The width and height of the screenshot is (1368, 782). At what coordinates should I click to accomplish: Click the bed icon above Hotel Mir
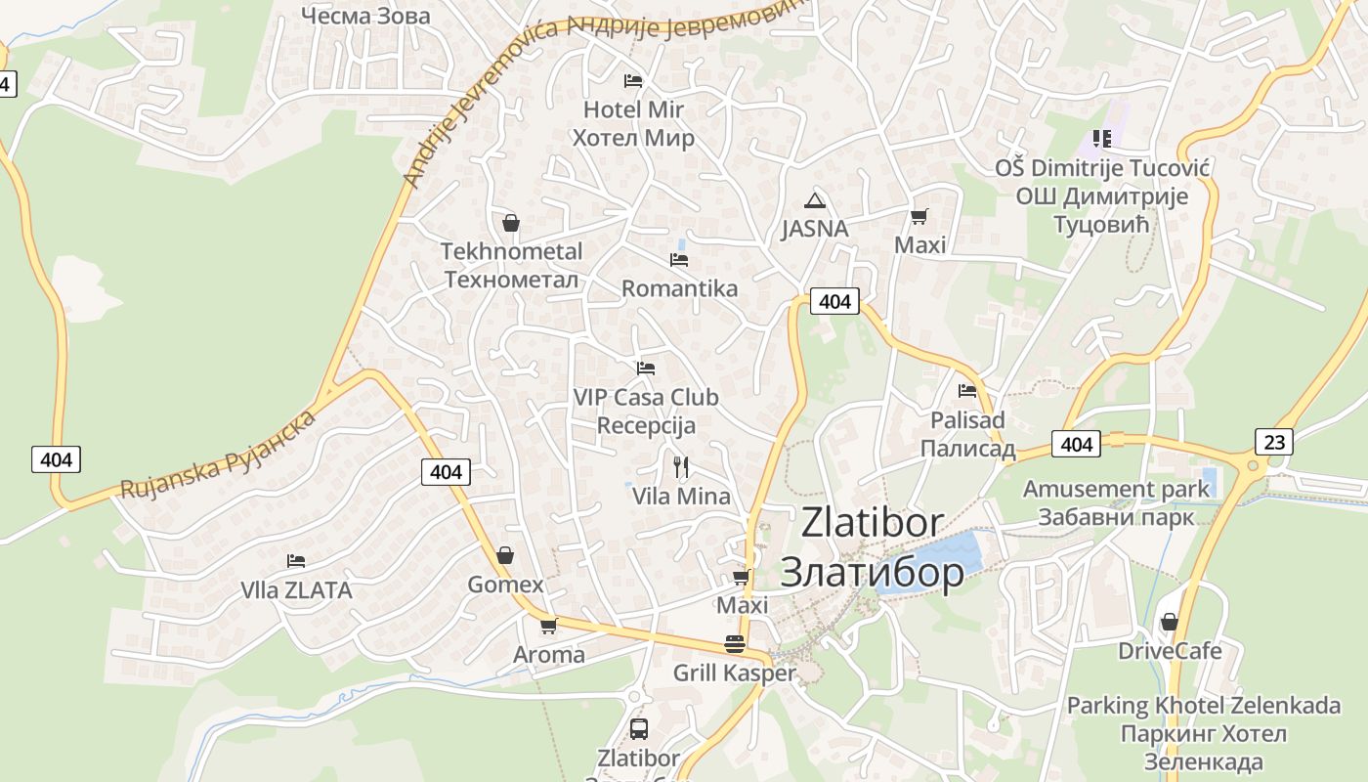pyautogui.click(x=633, y=80)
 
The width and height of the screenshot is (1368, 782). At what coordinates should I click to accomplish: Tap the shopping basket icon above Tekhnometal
pyautogui.click(x=510, y=223)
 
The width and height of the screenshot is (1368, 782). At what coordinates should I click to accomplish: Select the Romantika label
pyautogui.click(x=679, y=288)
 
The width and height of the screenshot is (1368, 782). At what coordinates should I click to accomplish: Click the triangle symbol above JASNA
pyautogui.click(x=814, y=201)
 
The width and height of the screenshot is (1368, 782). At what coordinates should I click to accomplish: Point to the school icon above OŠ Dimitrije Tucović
pyautogui.click(x=1102, y=139)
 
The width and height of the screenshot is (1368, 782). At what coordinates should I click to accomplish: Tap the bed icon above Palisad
pyautogui.click(x=967, y=390)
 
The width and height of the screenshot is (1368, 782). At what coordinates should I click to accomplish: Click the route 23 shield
pyautogui.click(x=1274, y=442)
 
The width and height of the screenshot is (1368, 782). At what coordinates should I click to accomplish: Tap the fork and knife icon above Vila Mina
pyautogui.click(x=681, y=467)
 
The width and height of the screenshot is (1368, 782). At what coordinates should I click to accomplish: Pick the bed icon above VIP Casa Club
pyautogui.click(x=645, y=369)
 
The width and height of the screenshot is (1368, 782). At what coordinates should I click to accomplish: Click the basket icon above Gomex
pyautogui.click(x=505, y=555)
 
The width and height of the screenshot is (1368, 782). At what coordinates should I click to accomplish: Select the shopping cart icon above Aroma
pyautogui.click(x=548, y=626)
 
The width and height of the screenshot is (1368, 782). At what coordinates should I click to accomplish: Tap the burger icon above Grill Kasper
pyautogui.click(x=735, y=643)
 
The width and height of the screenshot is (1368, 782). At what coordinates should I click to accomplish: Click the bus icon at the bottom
pyautogui.click(x=638, y=728)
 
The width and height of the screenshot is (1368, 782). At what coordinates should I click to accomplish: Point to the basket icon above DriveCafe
pyautogui.click(x=1169, y=622)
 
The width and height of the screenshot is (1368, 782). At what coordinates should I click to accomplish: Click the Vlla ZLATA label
pyautogui.click(x=296, y=589)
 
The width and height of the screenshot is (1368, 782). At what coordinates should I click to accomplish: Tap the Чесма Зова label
pyautogui.click(x=365, y=16)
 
